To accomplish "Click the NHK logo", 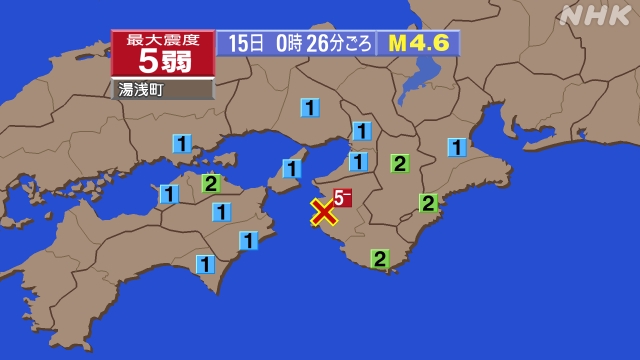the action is coord(596,15).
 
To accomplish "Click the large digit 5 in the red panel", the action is coord(148,62).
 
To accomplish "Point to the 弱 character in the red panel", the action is coord(178,62).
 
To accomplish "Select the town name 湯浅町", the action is coord(141,90).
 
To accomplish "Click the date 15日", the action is coord(245,44).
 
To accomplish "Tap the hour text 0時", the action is coord(286,44).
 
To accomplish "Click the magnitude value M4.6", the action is coord(414,44).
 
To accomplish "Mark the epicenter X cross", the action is coord(323,212).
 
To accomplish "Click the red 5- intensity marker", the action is coord(343,197).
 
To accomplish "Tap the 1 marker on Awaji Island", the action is coord(292,168).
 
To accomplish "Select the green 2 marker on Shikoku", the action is coord(211,183).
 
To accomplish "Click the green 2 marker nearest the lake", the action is coord(399,163).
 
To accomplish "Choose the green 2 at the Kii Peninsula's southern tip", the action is coord(380,259).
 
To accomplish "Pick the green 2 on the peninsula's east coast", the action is coord(428,203).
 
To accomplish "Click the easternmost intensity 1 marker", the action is coord(457,147).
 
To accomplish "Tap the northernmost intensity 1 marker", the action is coord(311,107).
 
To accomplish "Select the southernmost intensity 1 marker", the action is coord(205,264).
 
